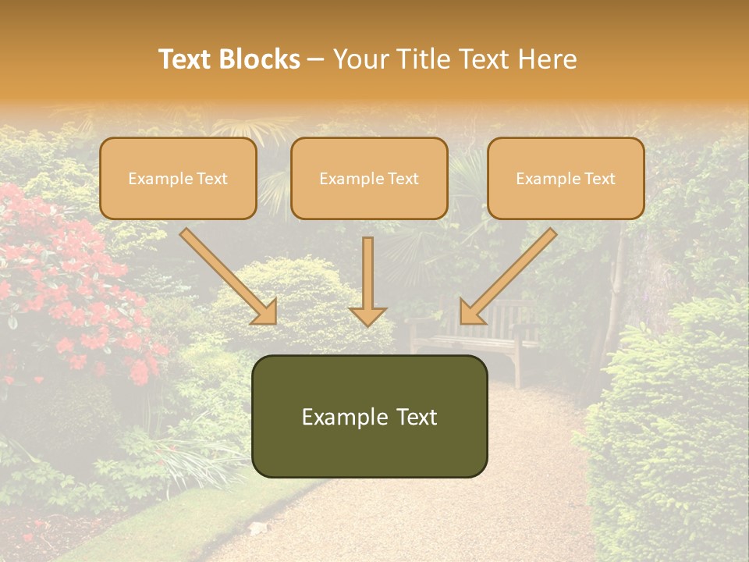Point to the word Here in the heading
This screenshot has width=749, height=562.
point(548,59)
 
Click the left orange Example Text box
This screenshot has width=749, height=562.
point(178,179)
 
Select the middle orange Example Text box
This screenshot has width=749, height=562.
point(369,179)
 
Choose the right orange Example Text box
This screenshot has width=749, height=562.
point(566,179)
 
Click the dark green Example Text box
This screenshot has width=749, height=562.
point(369,416)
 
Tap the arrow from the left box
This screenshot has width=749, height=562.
point(226,275)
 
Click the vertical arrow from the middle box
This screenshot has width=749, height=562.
point(367,277)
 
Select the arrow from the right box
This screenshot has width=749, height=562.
point(509,275)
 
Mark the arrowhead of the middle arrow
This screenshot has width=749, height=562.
point(367,315)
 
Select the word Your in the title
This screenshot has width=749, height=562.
point(360,59)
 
